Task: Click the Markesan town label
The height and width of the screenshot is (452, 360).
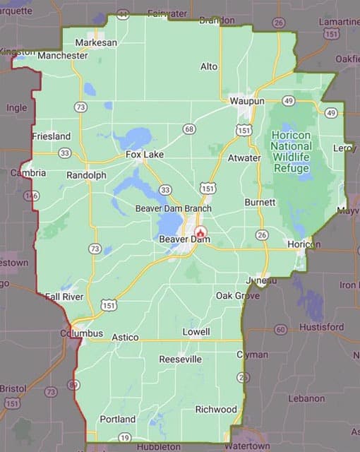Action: click(96, 42)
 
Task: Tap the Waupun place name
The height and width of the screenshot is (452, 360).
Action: click(246, 101)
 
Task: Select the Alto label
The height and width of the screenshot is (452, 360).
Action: click(209, 66)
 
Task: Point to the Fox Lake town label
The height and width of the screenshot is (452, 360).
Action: click(144, 154)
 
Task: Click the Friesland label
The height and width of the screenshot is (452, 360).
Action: click(51, 136)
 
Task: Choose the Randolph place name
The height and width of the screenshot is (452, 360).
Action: click(86, 174)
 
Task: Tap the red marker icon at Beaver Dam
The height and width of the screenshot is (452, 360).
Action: click(200, 232)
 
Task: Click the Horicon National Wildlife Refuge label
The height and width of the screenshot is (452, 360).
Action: click(290, 148)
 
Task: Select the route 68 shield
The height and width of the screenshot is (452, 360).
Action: click(188, 129)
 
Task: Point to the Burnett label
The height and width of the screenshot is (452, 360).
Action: click(260, 202)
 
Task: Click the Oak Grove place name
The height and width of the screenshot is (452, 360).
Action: click(233, 295)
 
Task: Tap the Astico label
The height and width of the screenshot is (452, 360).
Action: click(125, 338)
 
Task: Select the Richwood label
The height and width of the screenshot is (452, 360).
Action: click(216, 410)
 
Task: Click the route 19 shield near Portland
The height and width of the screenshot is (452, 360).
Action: click(125, 439)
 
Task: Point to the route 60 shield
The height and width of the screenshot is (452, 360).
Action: click(280, 330)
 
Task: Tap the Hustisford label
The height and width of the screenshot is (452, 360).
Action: click(321, 327)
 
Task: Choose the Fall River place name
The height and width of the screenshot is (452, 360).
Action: click(64, 297)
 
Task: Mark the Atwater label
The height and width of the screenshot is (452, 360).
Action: click(244, 158)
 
